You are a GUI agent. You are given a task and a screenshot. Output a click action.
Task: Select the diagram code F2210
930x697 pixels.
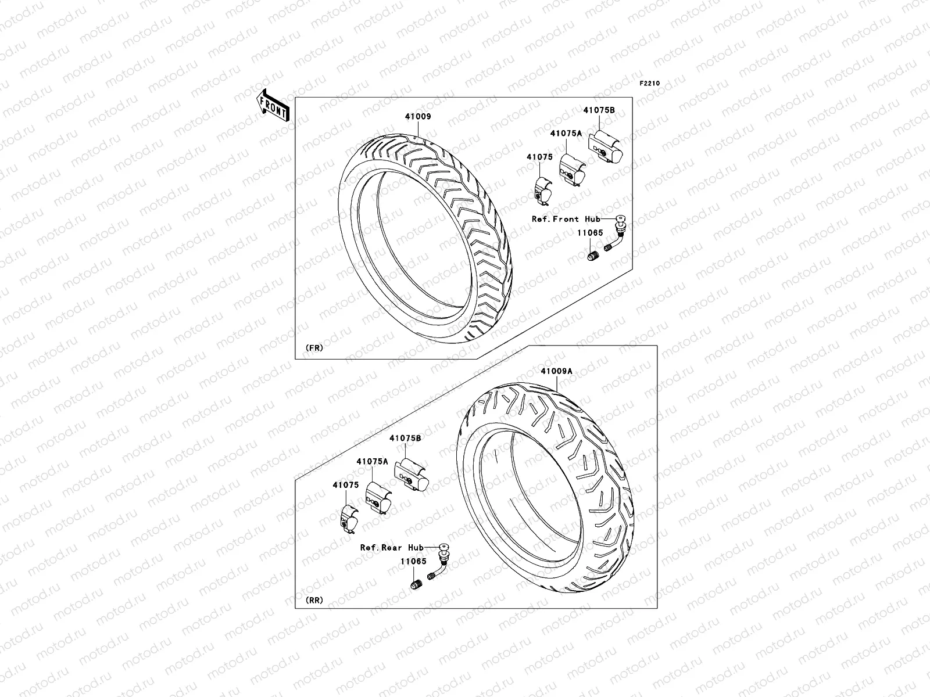650,84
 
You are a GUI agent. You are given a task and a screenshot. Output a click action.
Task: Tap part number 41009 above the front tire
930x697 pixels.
418,117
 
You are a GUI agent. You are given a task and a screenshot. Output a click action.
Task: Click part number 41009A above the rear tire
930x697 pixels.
556,371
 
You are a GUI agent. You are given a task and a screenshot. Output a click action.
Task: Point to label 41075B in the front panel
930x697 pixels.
599,109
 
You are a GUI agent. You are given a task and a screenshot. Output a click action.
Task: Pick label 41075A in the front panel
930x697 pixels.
566,133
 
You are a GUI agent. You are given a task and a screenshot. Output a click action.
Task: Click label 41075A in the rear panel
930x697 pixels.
373,461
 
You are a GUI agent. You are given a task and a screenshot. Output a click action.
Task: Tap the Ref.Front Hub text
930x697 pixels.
566,219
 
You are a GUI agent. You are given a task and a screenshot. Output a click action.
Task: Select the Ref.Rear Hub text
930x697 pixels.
392,547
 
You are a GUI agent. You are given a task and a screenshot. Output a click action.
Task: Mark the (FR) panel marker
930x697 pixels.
314,348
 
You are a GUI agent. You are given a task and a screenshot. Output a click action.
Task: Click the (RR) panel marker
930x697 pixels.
314,600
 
